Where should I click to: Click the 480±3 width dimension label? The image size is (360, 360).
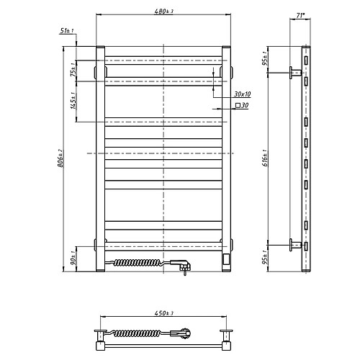pos(163,12)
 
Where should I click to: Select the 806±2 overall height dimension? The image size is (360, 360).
pos(60,158)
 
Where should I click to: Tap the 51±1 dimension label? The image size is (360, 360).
pos(67,31)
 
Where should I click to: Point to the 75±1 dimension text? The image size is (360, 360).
pos(73,69)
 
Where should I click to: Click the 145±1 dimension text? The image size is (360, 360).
pos(73,101)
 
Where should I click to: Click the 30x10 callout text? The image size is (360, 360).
pos(243,94)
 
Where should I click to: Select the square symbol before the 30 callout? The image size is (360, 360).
pos(238,105)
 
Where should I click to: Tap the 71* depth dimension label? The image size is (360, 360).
pos(300,16)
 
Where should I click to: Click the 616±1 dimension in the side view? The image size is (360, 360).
pos(265,158)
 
